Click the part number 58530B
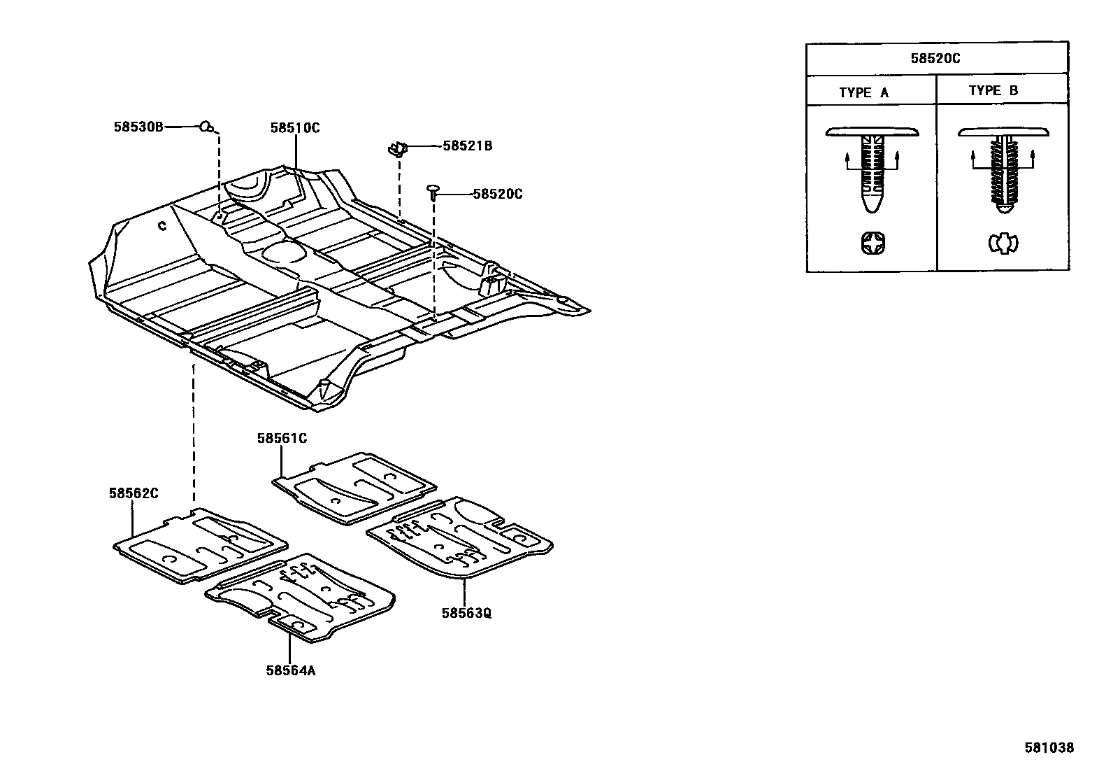pos(138,127)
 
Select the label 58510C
pos(295,128)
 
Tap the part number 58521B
pos(467,146)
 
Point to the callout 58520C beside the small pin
pos(497,194)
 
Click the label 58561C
pos(282,439)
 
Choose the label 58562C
pos(133,493)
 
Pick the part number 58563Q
pos(466,613)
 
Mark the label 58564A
pos(291,670)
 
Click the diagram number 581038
pos(1049,747)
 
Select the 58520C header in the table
pos(935,59)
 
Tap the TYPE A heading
pos(864,92)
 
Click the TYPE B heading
pos(993,91)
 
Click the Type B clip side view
pos(1003,168)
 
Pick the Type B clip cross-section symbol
pos(1003,244)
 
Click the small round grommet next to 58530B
pos(206,127)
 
